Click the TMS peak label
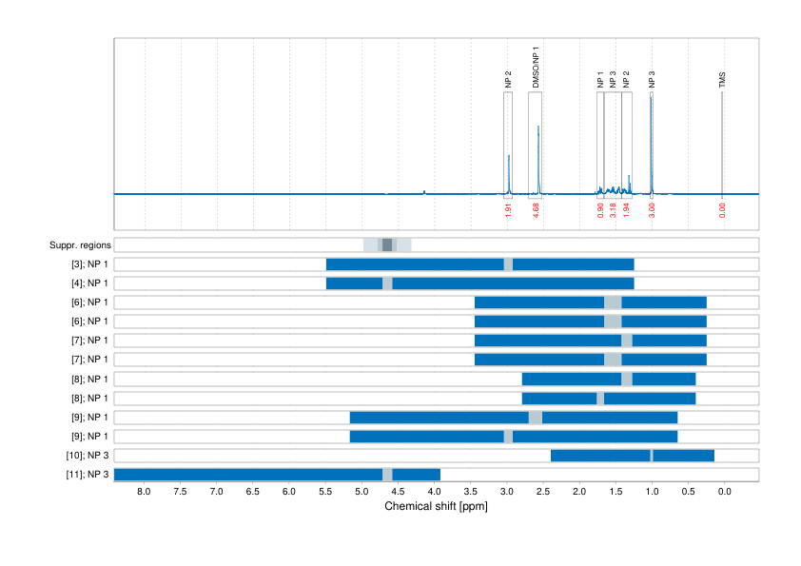[x=722, y=82]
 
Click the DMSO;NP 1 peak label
[x=536, y=68]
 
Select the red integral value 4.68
[x=537, y=210]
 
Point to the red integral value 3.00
[x=652, y=210]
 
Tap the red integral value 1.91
[x=508, y=210]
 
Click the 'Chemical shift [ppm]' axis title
[x=436, y=507]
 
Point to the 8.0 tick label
[x=145, y=492]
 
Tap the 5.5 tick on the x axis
[x=325, y=492]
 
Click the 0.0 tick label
[x=724, y=492]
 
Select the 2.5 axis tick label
[x=543, y=492]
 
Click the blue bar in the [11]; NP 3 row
[x=247, y=475]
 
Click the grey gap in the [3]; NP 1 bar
[x=508, y=264]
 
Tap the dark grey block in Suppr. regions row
[x=387, y=245]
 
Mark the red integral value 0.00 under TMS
[x=722, y=210]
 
